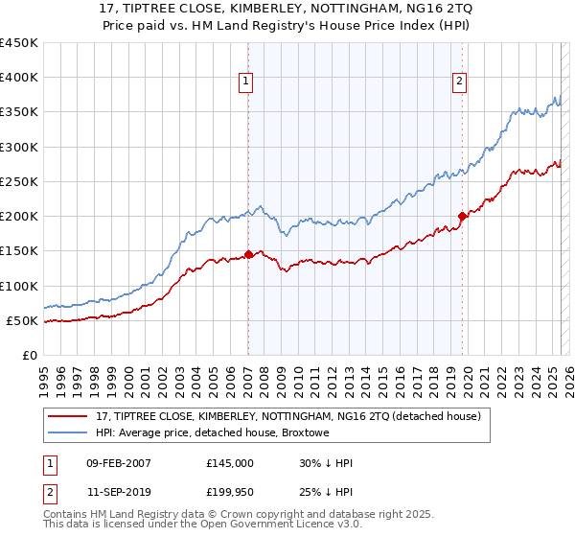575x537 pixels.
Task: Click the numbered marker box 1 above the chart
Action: pyautogui.click(x=246, y=82)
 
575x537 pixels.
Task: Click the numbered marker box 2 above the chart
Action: pyautogui.click(x=460, y=82)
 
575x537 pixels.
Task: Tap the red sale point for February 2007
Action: pyautogui.click(x=248, y=254)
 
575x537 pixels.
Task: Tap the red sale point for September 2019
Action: pyautogui.click(x=462, y=216)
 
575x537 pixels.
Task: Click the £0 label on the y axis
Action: pyautogui.click(x=30, y=355)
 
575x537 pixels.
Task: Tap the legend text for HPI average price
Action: pyautogui.click(x=212, y=433)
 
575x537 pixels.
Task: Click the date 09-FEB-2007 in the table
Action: pyautogui.click(x=118, y=463)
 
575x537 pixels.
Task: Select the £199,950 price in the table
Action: pyautogui.click(x=230, y=494)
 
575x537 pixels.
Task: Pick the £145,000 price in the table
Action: pyautogui.click(x=230, y=463)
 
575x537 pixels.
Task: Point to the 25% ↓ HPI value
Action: pyautogui.click(x=326, y=494)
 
